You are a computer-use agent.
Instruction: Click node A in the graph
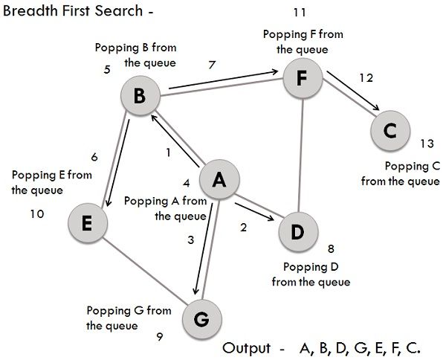(218, 179)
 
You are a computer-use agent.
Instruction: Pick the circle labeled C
(390, 131)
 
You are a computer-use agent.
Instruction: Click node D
(297, 232)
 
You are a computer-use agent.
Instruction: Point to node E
(87, 223)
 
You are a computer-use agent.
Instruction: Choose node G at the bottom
(201, 318)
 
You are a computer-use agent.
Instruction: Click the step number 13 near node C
(426, 144)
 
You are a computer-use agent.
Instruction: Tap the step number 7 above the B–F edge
(213, 65)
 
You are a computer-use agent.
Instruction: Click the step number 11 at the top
(300, 13)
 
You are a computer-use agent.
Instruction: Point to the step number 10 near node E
(36, 213)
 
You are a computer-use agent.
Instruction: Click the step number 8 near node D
(332, 250)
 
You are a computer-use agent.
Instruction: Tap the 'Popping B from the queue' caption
(135, 55)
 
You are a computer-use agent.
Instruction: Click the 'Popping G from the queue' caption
(129, 318)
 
